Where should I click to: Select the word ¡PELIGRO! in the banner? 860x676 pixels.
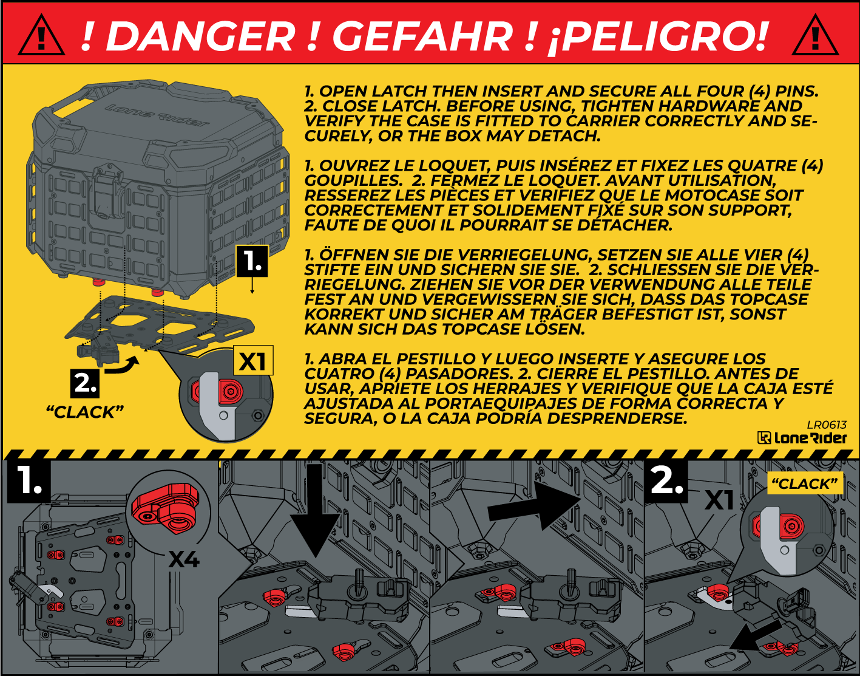[x=657, y=37]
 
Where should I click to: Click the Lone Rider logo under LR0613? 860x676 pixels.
[x=802, y=438]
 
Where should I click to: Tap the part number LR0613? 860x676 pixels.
[x=827, y=425]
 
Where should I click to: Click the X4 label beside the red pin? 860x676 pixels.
[x=184, y=559]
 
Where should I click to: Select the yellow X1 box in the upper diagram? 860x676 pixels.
[x=253, y=360]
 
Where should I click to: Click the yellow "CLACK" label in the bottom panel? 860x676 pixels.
[x=805, y=483]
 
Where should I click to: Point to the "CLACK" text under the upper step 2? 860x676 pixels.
[x=85, y=412]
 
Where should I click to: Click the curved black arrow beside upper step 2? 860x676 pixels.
[x=123, y=366]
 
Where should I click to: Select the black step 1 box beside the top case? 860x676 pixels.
[x=252, y=261]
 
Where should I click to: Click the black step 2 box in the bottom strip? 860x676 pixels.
[x=667, y=482]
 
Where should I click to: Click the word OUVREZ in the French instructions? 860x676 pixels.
[x=347, y=166]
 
